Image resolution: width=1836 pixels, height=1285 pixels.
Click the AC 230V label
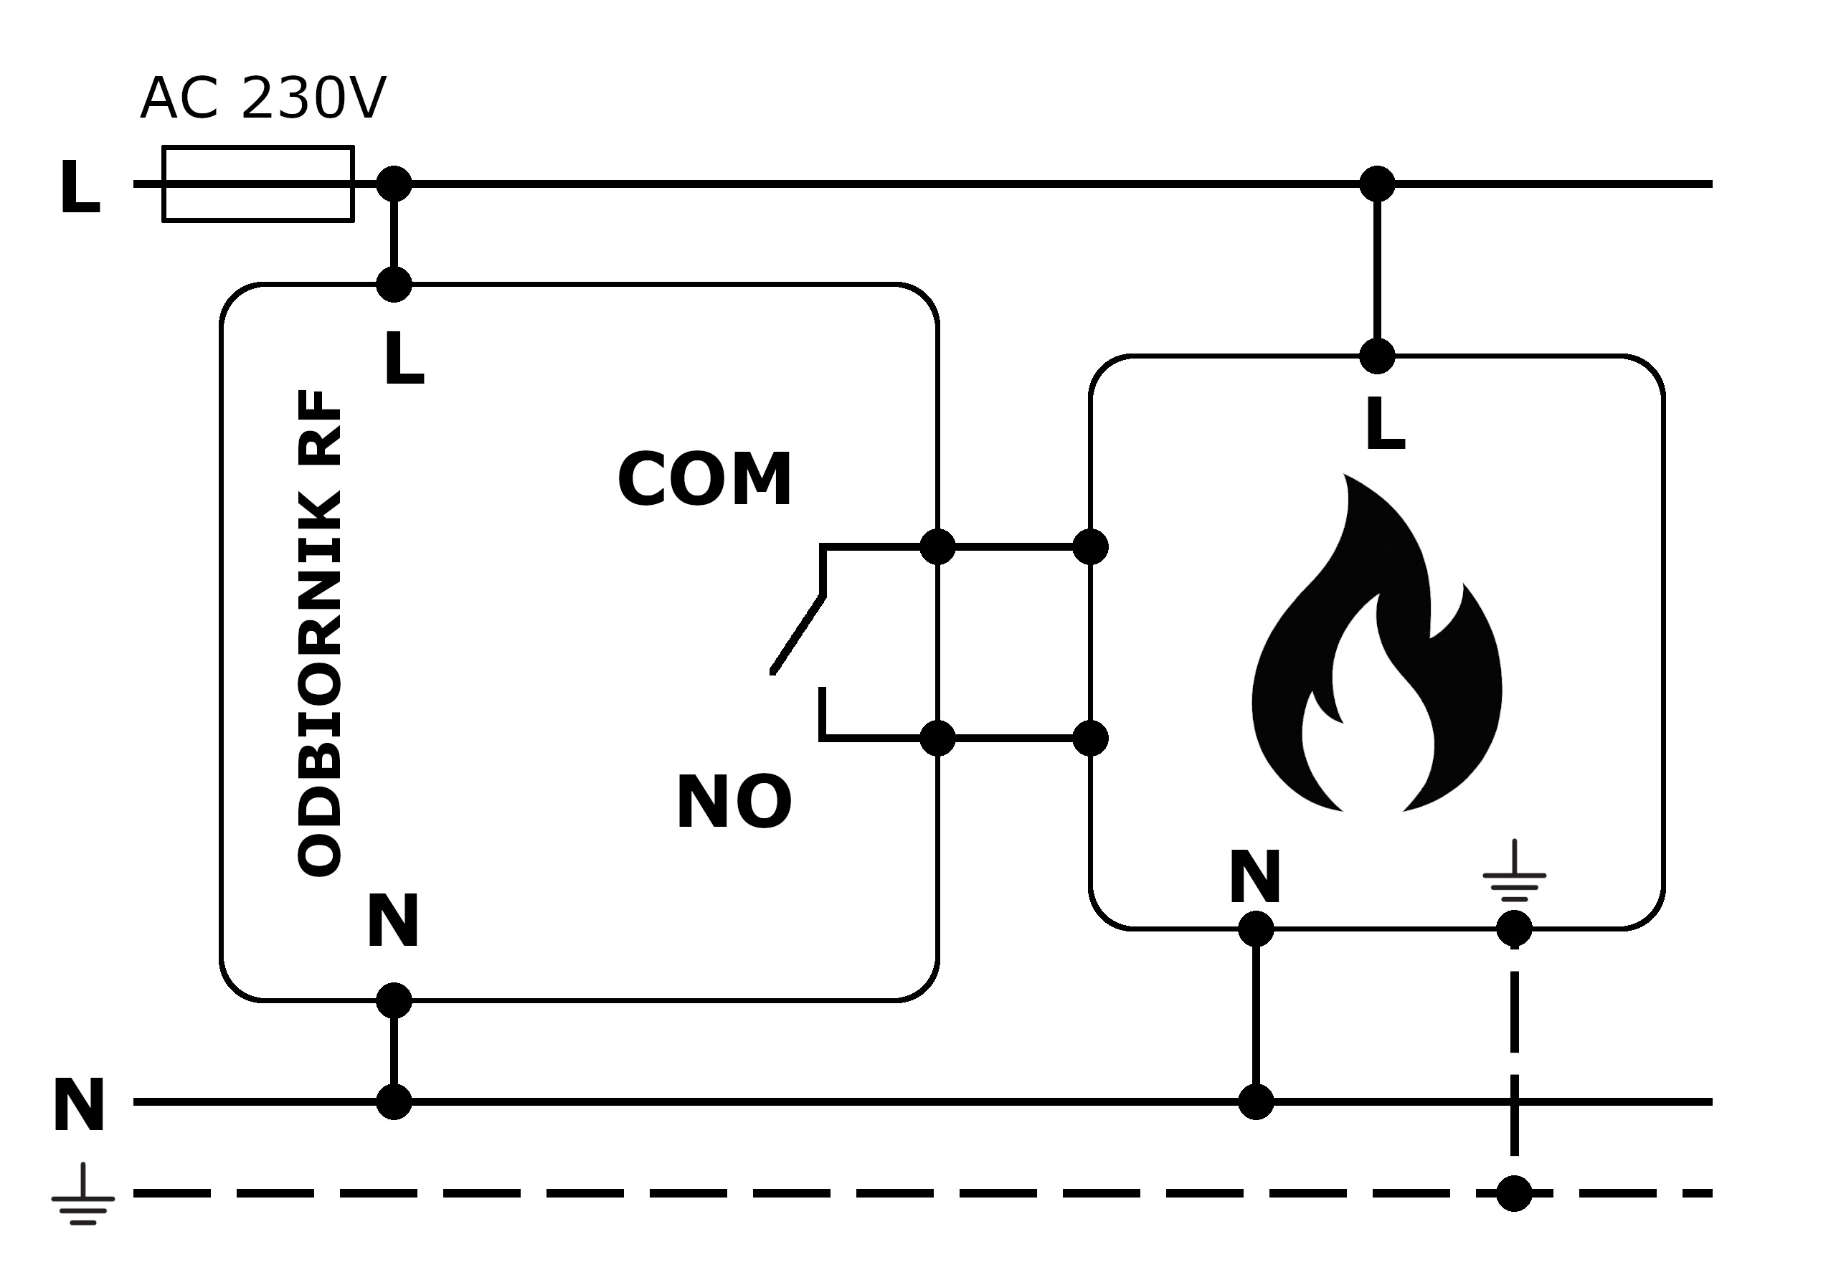click(263, 99)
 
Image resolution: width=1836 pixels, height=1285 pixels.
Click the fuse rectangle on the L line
click(258, 184)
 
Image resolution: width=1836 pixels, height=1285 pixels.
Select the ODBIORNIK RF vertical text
click(321, 633)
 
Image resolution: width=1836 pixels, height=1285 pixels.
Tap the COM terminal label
click(704, 480)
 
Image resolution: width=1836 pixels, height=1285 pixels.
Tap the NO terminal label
click(734, 803)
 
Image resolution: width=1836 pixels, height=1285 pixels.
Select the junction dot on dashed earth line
click(1514, 1194)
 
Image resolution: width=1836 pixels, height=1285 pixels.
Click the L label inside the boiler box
click(1385, 425)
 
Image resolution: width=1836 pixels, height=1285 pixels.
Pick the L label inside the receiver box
click(404, 361)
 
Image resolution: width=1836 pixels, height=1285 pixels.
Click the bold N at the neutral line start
click(78, 1106)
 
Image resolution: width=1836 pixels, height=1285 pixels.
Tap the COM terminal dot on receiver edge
click(938, 547)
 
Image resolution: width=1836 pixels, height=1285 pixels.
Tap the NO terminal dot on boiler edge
click(1090, 738)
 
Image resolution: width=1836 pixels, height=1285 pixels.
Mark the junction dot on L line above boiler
click(1377, 184)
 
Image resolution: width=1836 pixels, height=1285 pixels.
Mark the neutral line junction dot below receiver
click(394, 1102)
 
